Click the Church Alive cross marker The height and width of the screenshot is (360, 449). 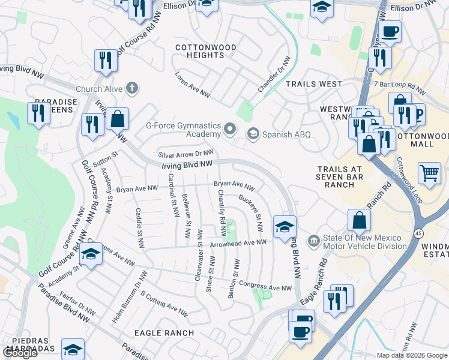(133, 89)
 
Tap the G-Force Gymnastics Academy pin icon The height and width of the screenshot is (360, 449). (229, 129)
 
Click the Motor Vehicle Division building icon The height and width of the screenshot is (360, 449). (313, 241)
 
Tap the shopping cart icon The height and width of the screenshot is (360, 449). (429, 173)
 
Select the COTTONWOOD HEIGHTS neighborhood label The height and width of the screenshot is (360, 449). (199, 51)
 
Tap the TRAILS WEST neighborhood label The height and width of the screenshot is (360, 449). (314, 85)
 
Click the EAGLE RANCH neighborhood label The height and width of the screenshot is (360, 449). (164, 333)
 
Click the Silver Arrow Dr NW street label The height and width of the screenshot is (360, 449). (185, 154)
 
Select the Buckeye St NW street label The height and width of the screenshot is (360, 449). (251, 213)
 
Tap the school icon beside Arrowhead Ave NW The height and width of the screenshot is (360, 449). (285, 226)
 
